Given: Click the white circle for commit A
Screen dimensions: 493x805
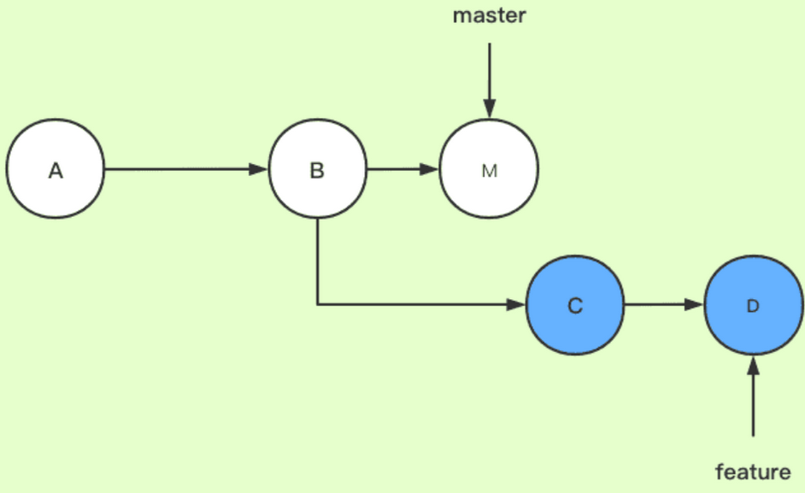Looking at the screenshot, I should (55, 169).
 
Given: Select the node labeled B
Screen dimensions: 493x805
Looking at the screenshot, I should (317, 169).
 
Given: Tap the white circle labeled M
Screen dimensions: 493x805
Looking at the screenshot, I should (489, 169).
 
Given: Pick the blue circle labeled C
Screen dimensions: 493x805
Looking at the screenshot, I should (575, 305).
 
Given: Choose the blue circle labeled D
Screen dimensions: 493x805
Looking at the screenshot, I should (753, 305).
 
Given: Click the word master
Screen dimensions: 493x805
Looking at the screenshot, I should (489, 16).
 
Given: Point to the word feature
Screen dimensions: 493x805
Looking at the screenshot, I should (753, 471).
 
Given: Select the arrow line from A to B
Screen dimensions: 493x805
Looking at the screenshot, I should (179, 169).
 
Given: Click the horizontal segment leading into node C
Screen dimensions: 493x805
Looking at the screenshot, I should (419, 304).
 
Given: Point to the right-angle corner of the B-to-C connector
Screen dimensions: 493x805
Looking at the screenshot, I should (318, 304).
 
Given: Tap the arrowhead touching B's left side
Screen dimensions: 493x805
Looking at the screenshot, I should (259, 169).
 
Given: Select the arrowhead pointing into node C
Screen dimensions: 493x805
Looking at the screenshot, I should (517, 305).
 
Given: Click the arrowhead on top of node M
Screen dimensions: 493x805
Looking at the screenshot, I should (489, 109).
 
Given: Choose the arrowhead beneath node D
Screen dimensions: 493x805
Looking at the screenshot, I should (753, 366).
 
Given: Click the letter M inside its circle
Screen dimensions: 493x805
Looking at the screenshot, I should (489, 170).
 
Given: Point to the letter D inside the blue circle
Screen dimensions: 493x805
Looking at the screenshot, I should (753, 306).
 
